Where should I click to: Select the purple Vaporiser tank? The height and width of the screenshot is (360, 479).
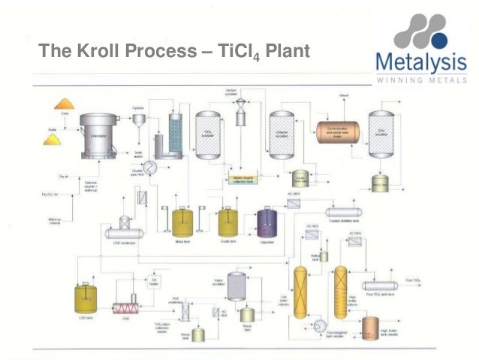click(267, 222)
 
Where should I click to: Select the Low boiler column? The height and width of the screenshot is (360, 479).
click(302, 292)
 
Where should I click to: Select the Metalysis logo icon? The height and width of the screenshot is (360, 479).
click(423, 35)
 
